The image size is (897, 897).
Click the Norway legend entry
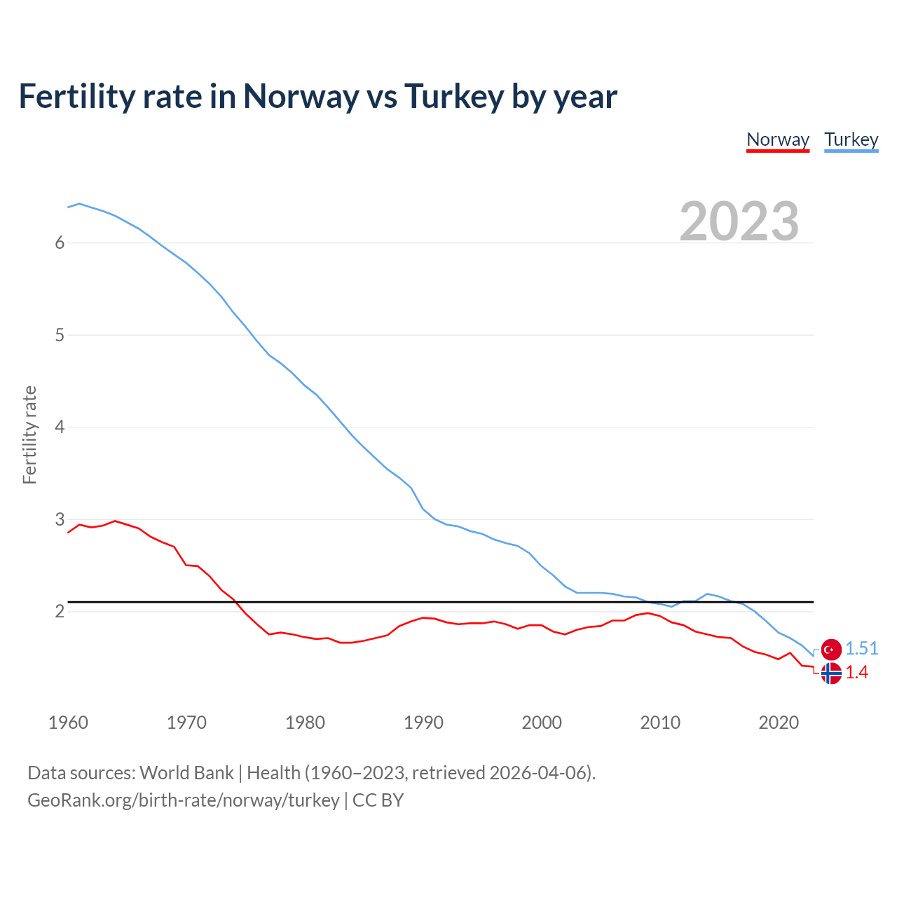tap(778, 139)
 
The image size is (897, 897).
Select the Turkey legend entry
tap(851, 139)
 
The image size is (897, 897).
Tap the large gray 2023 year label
tap(739, 221)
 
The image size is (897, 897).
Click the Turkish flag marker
tap(831, 650)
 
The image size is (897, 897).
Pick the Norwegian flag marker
tap(831, 673)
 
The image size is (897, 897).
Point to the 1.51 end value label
tap(861, 649)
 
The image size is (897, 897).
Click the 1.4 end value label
tap(856, 673)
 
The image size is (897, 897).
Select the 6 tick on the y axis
tap(60, 243)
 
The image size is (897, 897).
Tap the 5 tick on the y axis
tap(60, 335)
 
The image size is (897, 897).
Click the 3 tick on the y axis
tap(60, 519)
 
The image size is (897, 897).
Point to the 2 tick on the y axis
tap(60, 612)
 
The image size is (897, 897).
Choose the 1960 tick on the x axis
tap(68, 723)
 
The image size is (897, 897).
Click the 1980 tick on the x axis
tap(305, 723)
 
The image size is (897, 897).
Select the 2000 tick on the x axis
tap(542, 723)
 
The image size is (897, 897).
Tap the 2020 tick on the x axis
tap(779, 723)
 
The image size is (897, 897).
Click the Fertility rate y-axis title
tap(29, 434)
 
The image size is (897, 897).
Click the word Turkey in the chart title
tap(453, 97)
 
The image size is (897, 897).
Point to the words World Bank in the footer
tap(186, 773)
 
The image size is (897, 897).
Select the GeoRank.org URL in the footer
tap(183, 800)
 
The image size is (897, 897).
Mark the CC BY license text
tap(378, 800)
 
